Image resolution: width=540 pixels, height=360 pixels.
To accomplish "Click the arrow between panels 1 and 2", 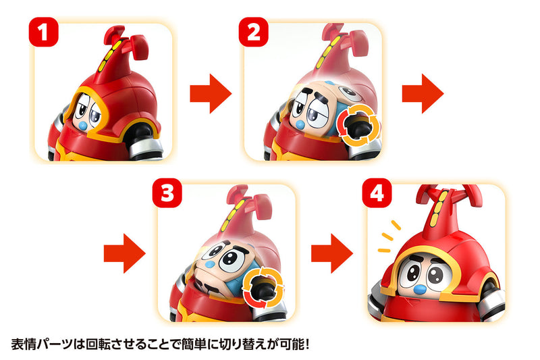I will (210, 95).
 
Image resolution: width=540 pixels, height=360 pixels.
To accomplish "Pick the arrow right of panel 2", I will (423, 95).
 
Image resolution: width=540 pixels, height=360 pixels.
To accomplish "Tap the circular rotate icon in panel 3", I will (264, 288).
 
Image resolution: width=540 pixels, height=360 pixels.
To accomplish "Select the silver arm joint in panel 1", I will (143, 135).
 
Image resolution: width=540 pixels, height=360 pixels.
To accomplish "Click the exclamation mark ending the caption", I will (306, 341).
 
